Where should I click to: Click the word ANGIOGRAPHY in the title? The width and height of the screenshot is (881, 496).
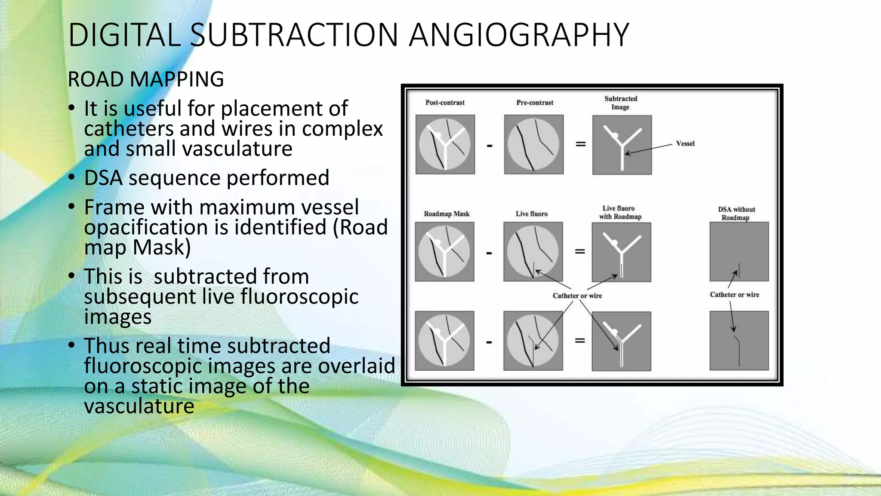pos(519,35)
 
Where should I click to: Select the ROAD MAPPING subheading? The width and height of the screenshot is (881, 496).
pos(146,79)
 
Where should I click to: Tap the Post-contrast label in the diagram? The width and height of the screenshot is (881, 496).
pos(445,102)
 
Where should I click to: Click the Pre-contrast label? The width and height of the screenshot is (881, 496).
pos(535,102)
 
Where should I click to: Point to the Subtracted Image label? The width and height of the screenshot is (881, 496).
pos(621,102)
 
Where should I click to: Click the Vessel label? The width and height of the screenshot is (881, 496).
pos(685,143)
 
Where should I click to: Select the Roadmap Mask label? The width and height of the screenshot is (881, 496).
pos(447,214)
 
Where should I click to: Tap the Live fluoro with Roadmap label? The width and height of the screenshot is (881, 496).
pos(620,212)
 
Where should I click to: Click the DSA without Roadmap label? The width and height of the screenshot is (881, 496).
pos(736,213)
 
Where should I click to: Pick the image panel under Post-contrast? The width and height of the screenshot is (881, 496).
pos(445,144)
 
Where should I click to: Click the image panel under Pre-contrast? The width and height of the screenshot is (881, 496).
pos(534,144)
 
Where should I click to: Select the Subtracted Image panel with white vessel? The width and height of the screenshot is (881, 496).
pos(622,145)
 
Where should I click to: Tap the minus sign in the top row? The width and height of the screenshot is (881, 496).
pos(490,146)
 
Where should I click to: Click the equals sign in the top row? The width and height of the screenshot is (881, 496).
pos(581,144)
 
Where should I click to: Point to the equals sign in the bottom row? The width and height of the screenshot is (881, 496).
pos(580,341)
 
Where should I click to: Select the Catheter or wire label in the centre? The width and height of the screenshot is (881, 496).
pos(577,296)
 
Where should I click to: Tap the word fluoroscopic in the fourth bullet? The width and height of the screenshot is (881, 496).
pos(299,297)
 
